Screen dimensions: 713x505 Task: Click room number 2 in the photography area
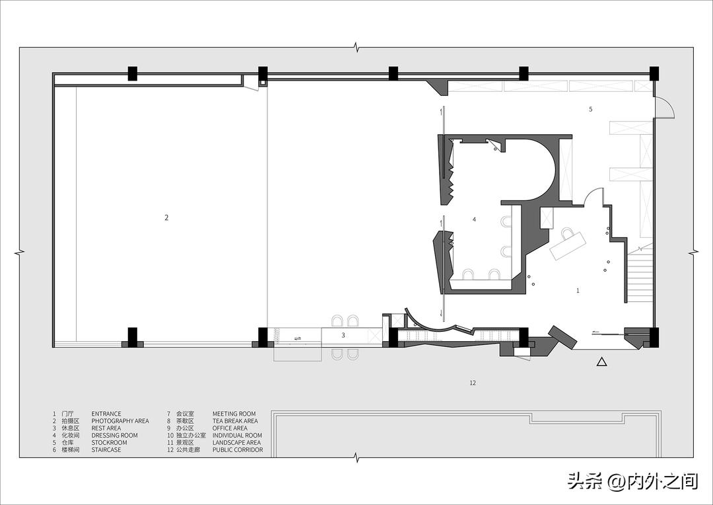(x=166, y=217)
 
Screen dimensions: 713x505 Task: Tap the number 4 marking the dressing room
(x=474, y=219)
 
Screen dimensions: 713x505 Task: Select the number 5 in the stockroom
(x=591, y=109)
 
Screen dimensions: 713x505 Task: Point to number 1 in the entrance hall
(x=578, y=291)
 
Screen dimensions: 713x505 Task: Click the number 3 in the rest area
(x=343, y=335)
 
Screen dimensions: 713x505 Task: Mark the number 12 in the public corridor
(x=473, y=383)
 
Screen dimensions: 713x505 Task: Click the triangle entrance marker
(x=601, y=362)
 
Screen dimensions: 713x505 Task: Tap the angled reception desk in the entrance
(x=568, y=246)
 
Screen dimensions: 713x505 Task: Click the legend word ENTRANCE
(x=106, y=414)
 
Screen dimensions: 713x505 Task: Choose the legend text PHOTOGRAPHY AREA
(x=120, y=421)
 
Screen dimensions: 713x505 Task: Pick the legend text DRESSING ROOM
(x=115, y=436)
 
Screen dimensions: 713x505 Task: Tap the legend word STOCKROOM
(x=109, y=443)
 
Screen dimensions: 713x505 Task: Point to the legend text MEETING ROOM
(x=234, y=414)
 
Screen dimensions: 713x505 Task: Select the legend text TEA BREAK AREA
(x=235, y=421)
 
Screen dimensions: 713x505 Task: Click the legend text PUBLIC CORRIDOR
(x=238, y=450)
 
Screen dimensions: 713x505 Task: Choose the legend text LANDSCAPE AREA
(x=236, y=443)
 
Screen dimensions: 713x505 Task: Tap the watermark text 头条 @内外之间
(x=633, y=481)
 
